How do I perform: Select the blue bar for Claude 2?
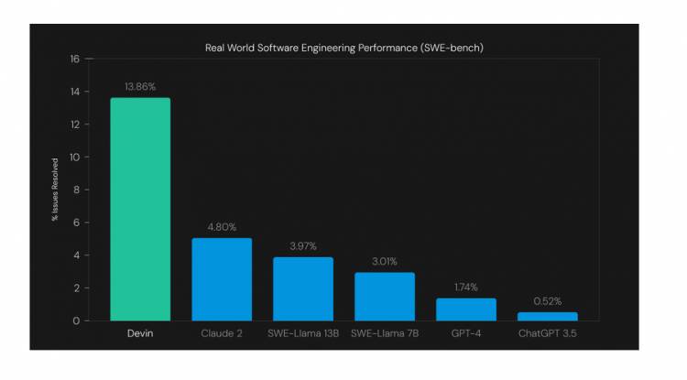[x=222, y=279]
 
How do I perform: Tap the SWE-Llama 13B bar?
[x=303, y=288]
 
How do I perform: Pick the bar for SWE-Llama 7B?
[x=385, y=297]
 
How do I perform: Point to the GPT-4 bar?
[x=465, y=309]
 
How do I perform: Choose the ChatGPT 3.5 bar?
[x=547, y=316]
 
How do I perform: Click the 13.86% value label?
[x=140, y=86]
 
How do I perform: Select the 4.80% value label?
[x=222, y=227]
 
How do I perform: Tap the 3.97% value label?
[x=303, y=245]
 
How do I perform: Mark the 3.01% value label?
[x=385, y=261]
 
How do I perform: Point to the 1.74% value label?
[x=465, y=287]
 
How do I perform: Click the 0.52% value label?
[x=547, y=301]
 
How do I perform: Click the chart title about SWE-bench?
[x=343, y=47]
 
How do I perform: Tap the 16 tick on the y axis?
[x=75, y=59]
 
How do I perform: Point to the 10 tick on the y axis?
[x=75, y=157]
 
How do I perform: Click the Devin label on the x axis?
[x=140, y=333]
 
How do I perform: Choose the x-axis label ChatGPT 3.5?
[x=547, y=333]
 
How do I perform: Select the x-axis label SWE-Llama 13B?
[x=303, y=333]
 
